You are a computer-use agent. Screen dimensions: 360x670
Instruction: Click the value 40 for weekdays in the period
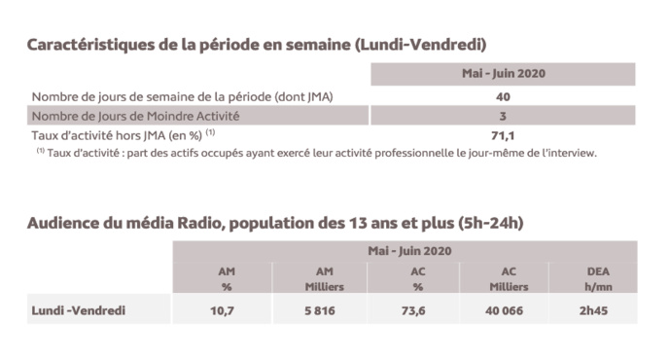[503, 96]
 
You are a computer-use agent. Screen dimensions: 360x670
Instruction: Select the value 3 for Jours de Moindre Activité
[503, 116]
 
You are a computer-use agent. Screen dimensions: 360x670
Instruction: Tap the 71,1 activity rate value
[503, 136]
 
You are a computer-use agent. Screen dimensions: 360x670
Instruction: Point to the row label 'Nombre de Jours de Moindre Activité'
[135, 116]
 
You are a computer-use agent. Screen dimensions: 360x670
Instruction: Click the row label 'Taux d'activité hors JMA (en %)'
[123, 136]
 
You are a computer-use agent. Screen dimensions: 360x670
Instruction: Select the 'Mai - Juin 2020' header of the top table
[503, 74]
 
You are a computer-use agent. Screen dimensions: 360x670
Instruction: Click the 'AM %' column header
[219, 279]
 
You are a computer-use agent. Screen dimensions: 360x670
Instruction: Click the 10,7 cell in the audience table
[219, 311]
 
